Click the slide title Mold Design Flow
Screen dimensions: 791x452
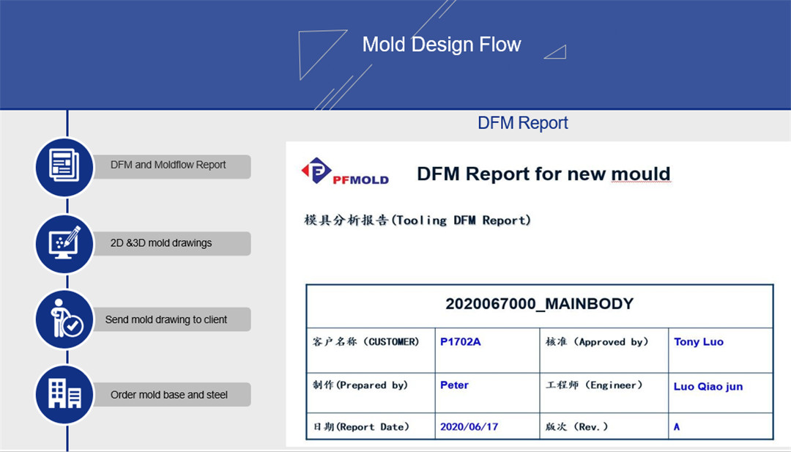click(x=442, y=45)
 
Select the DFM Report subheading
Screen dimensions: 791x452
click(x=523, y=122)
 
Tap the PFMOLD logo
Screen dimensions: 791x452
click(x=345, y=171)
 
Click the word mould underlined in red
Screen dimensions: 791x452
click(x=641, y=174)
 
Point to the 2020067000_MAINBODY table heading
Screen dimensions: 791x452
click(x=539, y=304)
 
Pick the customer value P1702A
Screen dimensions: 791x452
click(x=461, y=341)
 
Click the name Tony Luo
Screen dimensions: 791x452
click(x=699, y=341)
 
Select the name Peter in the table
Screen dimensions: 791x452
click(x=455, y=385)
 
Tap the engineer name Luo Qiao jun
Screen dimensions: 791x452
click(x=708, y=386)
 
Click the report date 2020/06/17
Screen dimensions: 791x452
click(x=469, y=427)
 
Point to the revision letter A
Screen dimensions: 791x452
click(x=677, y=427)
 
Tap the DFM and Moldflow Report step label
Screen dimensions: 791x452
click(x=168, y=164)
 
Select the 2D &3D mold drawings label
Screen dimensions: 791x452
click(x=161, y=242)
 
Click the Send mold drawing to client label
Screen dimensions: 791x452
click(x=166, y=319)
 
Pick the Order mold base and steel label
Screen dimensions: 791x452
click(x=169, y=394)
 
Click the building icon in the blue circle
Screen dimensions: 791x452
click(x=64, y=394)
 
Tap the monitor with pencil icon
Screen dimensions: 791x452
click(x=64, y=242)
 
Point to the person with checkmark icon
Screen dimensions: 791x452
click(x=66, y=319)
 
